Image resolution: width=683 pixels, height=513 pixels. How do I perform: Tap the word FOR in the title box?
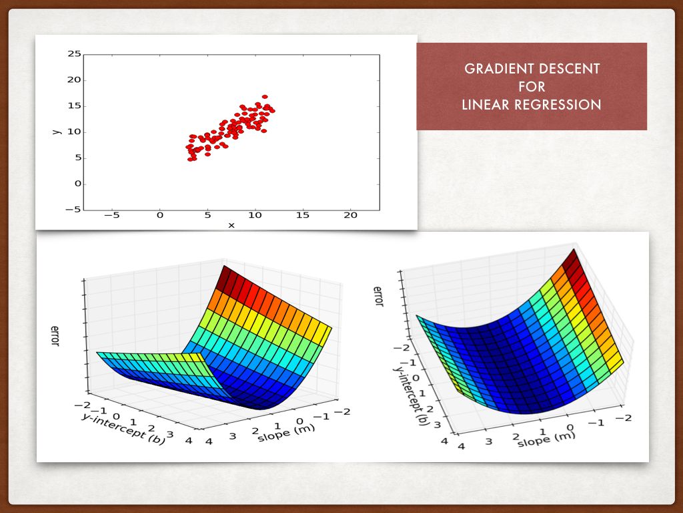tap(532, 87)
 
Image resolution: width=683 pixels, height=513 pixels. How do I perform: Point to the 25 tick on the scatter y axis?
tap(74, 54)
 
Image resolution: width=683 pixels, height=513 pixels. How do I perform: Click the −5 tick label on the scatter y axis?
tap(72, 210)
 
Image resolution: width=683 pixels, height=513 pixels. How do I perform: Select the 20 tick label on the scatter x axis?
tap(350, 215)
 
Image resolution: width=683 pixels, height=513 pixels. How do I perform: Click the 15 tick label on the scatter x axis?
tap(303, 215)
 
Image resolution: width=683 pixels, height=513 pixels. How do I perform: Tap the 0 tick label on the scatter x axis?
tap(159, 215)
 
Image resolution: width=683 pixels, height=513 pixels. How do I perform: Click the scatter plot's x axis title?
tap(231, 225)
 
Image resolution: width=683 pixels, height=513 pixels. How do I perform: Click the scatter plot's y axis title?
tap(57, 131)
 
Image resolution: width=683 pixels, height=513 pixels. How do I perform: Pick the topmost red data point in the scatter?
tap(265, 97)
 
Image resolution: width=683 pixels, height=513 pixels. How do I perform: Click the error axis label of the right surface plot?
tap(378, 296)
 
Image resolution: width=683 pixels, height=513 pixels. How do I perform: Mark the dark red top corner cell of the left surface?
tap(229, 276)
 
